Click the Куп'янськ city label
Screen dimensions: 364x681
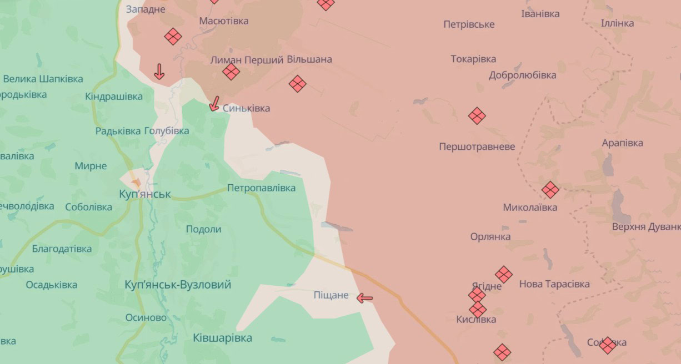[x=145, y=194]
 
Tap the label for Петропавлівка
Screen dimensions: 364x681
[x=261, y=188]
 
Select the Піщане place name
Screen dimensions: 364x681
[x=331, y=295]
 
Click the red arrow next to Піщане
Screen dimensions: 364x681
[x=364, y=299]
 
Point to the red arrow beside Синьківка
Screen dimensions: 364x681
[x=214, y=104]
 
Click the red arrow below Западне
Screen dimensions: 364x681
[x=159, y=72]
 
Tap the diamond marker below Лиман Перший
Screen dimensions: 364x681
[x=231, y=72]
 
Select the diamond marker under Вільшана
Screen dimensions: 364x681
[x=298, y=84]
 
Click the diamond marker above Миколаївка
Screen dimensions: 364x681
[x=550, y=190]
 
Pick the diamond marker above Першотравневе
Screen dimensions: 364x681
[x=477, y=116]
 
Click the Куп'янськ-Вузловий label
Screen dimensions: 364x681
[x=178, y=285]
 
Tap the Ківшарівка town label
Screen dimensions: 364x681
[x=222, y=338]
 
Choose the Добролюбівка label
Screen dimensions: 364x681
[x=522, y=75]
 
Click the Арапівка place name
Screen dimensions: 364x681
[x=622, y=143]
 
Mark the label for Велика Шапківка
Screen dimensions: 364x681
[x=43, y=79]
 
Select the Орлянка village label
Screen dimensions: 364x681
[x=490, y=237]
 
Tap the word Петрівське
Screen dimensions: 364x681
[x=469, y=24]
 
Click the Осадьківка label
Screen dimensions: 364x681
[x=51, y=285]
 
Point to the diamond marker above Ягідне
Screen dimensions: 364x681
[x=504, y=274]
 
